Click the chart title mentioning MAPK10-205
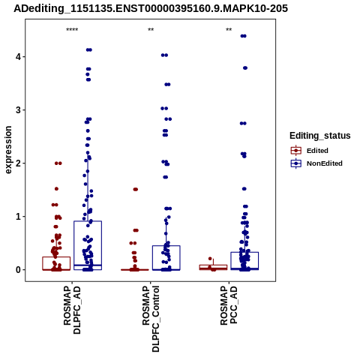151,9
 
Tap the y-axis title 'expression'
8,150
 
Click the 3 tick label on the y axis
18,110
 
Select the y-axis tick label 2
18,163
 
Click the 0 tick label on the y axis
18,270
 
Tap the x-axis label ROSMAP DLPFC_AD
72,310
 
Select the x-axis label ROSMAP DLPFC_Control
151,319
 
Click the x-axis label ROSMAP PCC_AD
229,305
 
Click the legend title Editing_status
320,136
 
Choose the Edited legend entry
309,151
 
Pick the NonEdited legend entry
316,163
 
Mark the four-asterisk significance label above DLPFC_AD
72,30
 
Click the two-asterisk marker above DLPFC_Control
151,30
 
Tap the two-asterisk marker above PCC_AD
229,30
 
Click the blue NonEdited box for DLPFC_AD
88,221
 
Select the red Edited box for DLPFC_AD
56,257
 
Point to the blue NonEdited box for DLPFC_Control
166,246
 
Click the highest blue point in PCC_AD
243,36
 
